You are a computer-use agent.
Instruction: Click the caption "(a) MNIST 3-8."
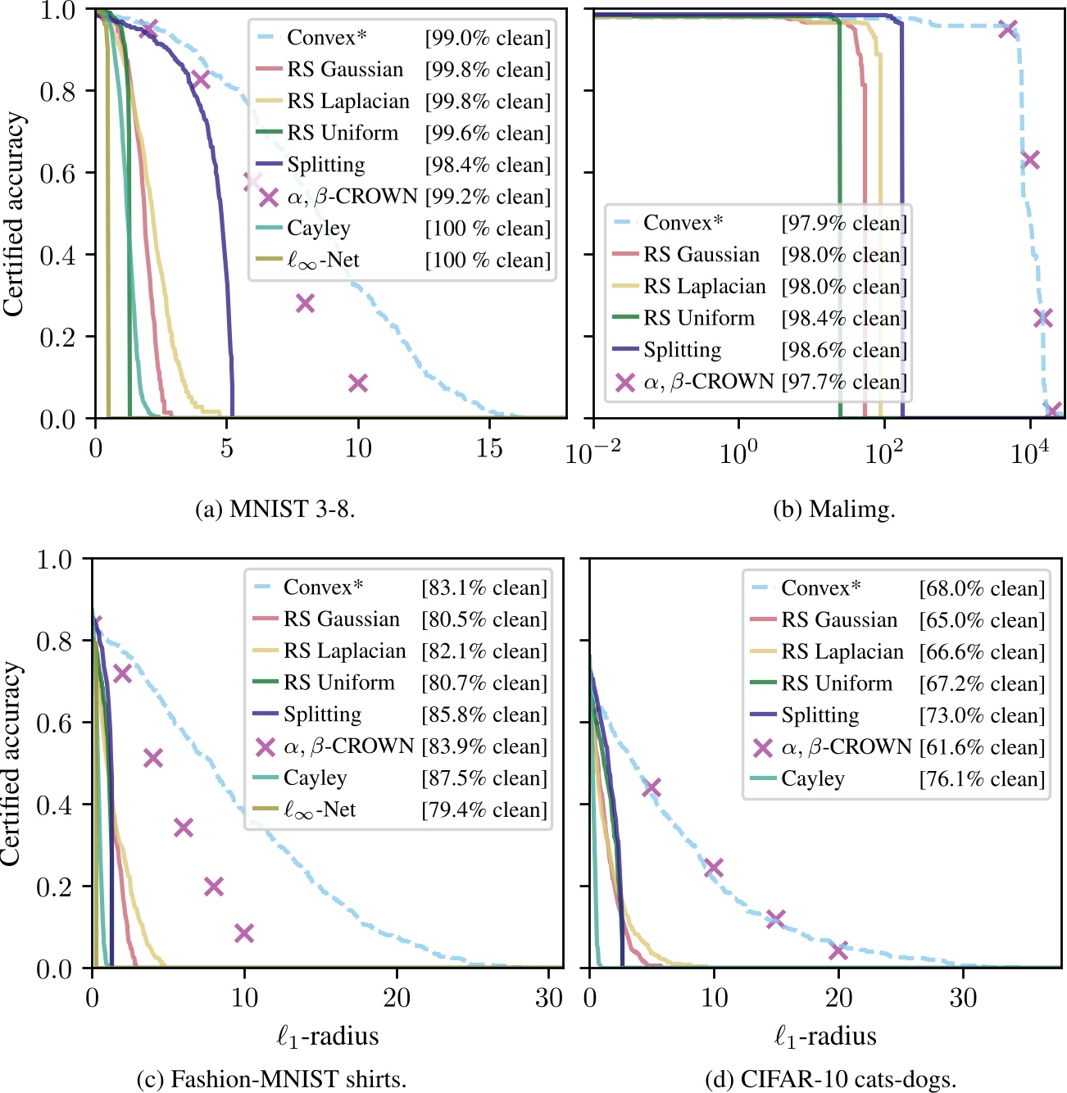[x=275, y=509]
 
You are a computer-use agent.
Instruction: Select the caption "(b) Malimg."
[x=834, y=509]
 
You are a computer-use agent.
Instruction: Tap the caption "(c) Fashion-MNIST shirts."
[x=271, y=1079]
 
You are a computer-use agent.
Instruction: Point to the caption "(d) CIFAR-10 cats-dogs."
[x=830, y=1079]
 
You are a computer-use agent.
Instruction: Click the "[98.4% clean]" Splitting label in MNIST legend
[x=488, y=165]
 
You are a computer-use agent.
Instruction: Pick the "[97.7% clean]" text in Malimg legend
[x=844, y=382]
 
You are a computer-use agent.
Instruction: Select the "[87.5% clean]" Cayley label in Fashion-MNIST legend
[x=484, y=778]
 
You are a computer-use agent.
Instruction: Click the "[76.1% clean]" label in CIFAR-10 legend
[x=982, y=779]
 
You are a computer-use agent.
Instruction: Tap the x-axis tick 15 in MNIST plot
[x=489, y=448]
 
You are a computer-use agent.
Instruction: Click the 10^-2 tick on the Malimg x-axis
[x=593, y=451]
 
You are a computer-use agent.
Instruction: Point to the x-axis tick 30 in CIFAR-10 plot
[x=963, y=998]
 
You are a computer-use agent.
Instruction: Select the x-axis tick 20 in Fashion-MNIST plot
[x=397, y=998]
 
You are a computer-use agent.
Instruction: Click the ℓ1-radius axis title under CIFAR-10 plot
[x=825, y=1037]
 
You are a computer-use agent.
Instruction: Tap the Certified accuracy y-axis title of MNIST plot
[x=14, y=215]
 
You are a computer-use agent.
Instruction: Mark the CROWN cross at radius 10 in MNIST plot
[x=357, y=383]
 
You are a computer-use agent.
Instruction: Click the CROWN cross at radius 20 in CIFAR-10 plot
[x=838, y=950]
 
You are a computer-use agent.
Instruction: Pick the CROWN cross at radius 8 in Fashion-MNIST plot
[x=214, y=886]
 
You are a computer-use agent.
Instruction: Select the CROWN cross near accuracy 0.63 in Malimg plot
[x=1031, y=159]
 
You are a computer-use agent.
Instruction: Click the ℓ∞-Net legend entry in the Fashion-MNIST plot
[x=320, y=810]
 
